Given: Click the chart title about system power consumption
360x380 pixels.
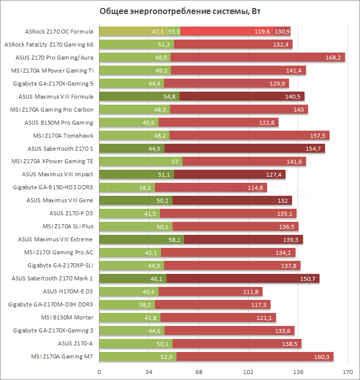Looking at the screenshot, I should [180, 12].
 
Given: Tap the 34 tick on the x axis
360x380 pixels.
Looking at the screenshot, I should [149, 372].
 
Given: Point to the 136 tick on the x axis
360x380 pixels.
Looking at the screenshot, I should [298, 372].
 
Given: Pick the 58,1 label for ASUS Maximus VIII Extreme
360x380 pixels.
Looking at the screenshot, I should [174, 239].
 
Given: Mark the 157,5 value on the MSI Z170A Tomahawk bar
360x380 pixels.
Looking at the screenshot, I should [317, 135].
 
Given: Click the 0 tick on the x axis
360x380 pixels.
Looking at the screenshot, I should [99, 372].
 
